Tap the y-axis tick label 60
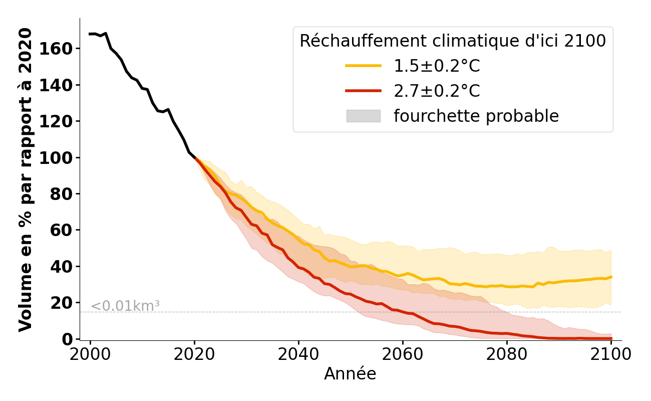[x=65, y=230]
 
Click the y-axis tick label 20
[x=65, y=303]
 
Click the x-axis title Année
[x=350, y=374]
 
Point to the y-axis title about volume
[x=26, y=179]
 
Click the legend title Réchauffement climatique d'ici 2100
[x=453, y=41]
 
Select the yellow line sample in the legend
[x=363, y=66]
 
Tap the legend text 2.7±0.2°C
[x=437, y=91]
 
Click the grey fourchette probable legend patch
[x=363, y=116]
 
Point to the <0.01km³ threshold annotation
[x=125, y=306]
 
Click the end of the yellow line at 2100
[x=611, y=277]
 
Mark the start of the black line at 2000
[x=90, y=34]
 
